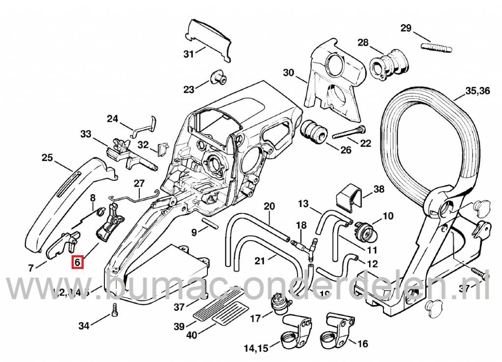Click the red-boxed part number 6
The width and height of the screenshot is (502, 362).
(x=77, y=263)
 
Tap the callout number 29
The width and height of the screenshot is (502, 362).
(x=406, y=28)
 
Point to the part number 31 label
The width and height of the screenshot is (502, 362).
(x=189, y=54)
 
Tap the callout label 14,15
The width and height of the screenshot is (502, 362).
(x=256, y=349)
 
